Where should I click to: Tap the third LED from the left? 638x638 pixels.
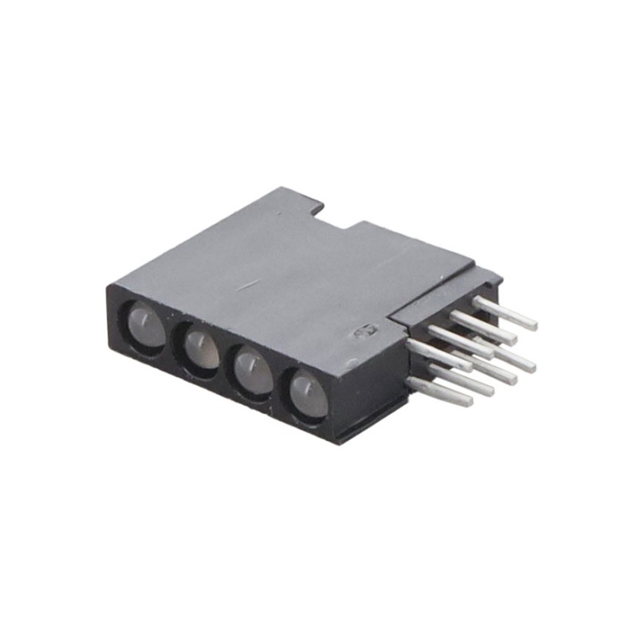click(254, 372)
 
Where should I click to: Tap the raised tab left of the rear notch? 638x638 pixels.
click(295, 200)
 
